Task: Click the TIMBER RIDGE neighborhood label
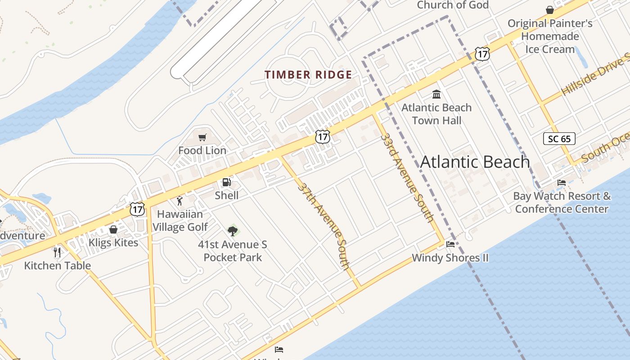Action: tap(308, 75)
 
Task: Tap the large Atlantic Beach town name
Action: tap(475, 162)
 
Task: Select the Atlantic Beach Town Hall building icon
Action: tap(436, 94)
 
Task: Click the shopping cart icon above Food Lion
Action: tap(202, 137)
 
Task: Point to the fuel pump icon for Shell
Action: tap(226, 182)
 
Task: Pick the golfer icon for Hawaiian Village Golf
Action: tap(180, 200)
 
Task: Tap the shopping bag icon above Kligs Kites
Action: tap(113, 229)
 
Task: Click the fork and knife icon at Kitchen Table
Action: tap(57, 252)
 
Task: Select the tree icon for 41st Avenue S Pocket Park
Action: tap(232, 231)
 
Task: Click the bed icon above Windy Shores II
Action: tap(450, 244)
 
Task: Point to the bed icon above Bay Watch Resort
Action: tap(562, 183)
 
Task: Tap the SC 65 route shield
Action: tap(559, 139)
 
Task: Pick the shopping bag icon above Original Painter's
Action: tap(550, 10)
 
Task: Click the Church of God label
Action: tap(453, 5)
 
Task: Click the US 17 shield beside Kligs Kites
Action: tap(137, 209)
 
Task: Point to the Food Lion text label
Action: tap(202, 150)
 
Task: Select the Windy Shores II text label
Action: tap(450, 258)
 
